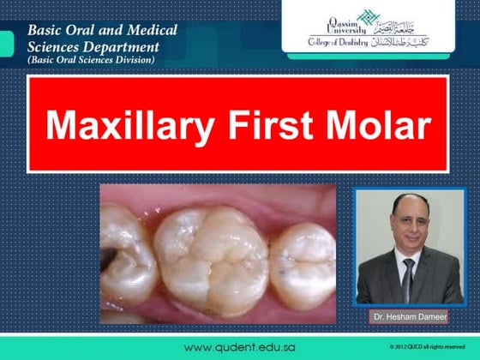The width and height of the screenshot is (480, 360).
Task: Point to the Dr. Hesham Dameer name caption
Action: point(405,317)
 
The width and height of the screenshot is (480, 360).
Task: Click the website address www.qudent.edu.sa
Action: point(240,346)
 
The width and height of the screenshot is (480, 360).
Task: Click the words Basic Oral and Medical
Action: point(103,30)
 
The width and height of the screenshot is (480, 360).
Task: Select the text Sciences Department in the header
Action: point(95,46)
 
